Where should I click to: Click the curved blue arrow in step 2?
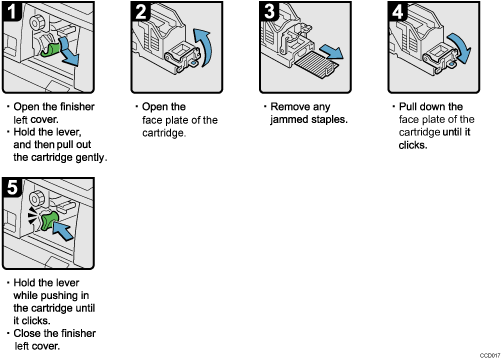coord(204,48)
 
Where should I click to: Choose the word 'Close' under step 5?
coord(27,335)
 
